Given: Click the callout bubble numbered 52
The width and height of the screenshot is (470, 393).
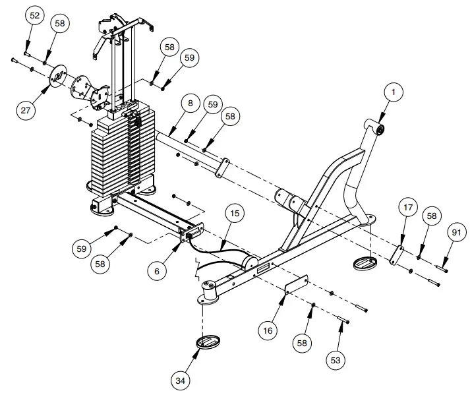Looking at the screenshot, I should [x=36, y=15].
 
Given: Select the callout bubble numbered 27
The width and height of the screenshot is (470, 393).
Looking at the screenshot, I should [x=26, y=110].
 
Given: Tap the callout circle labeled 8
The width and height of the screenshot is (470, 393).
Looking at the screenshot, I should [x=191, y=104].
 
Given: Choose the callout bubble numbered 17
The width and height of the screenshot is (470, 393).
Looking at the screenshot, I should [x=408, y=208].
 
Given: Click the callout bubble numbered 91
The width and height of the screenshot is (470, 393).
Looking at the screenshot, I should [x=455, y=231].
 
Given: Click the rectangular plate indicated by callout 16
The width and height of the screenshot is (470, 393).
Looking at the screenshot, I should [x=295, y=284].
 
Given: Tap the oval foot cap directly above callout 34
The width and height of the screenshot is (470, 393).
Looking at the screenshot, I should [x=208, y=342].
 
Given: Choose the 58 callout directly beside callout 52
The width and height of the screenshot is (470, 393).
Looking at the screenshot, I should [x=61, y=24].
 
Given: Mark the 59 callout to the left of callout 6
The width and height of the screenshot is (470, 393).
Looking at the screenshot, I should [x=82, y=249].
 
